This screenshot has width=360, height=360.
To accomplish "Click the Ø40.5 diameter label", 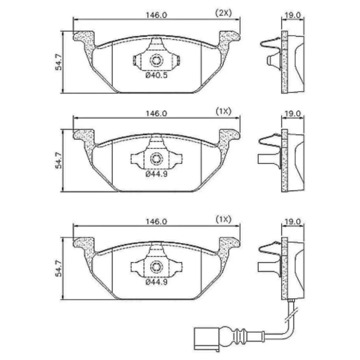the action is pyautogui.click(x=156, y=75).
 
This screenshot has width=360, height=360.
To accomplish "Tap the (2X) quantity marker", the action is pyautogui.click(x=223, y=13).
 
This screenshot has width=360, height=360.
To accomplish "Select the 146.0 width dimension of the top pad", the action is pyautogui.click(x=157, y=15).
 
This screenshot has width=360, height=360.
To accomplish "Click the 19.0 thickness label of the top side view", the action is pyautogui.click(x=293, y=15).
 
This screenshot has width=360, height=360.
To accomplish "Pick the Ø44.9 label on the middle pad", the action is pyautogui.click(x=156, y=174).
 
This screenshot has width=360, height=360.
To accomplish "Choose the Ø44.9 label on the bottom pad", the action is pyautogui.click(x=156, y=282).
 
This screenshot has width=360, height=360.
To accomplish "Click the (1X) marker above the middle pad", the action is pyautogui.click(x=223, y=112).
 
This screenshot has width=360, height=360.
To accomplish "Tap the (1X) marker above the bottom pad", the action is pyautogui.click(x=223, y=220).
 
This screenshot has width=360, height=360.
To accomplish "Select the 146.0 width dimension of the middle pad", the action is pyautogui.click(x=157, y=113).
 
